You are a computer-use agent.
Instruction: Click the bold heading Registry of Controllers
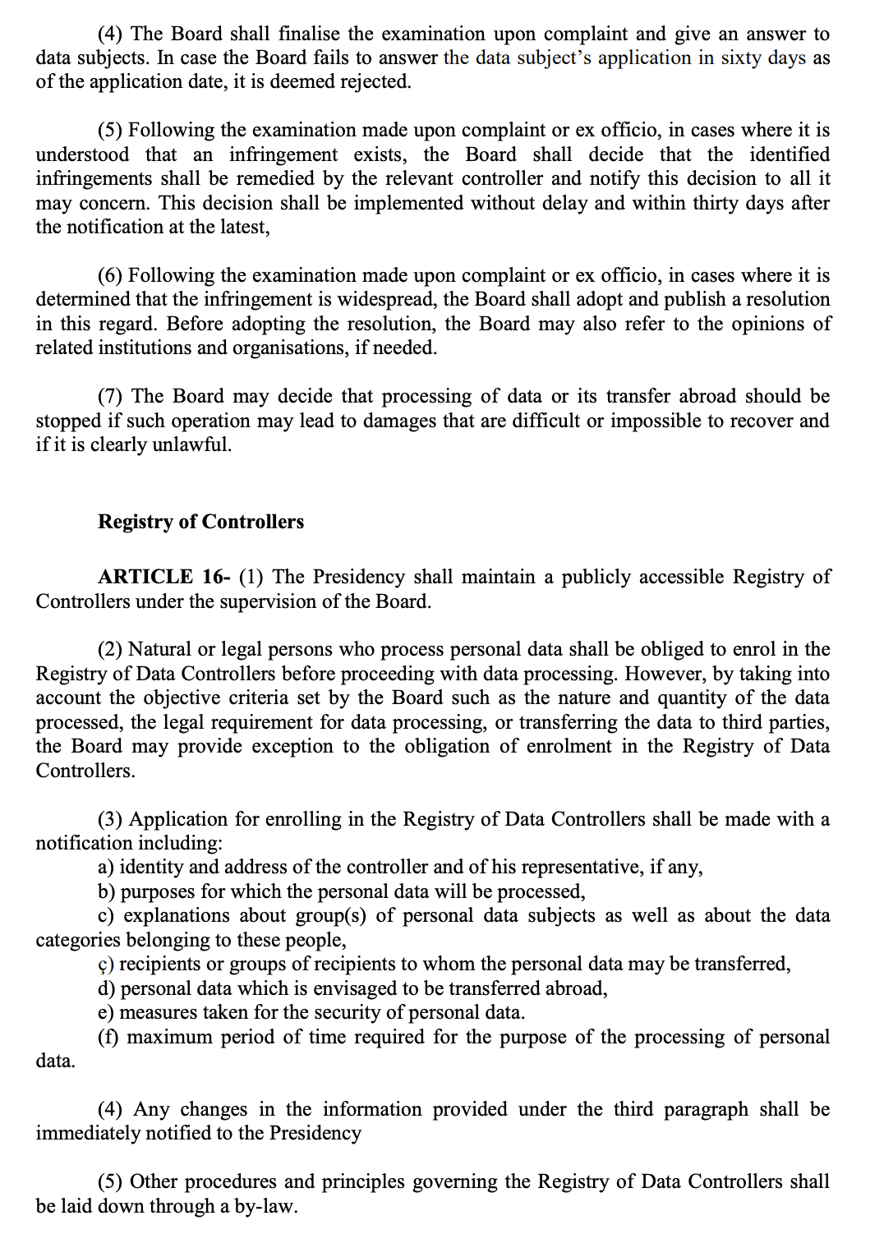coord(200,522)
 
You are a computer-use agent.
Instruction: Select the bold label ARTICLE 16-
coord(163,577)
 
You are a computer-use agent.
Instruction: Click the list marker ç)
coord(106,964)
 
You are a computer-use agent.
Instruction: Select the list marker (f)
coord(108,1037)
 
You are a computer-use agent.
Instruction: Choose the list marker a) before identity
coord(106,867)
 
